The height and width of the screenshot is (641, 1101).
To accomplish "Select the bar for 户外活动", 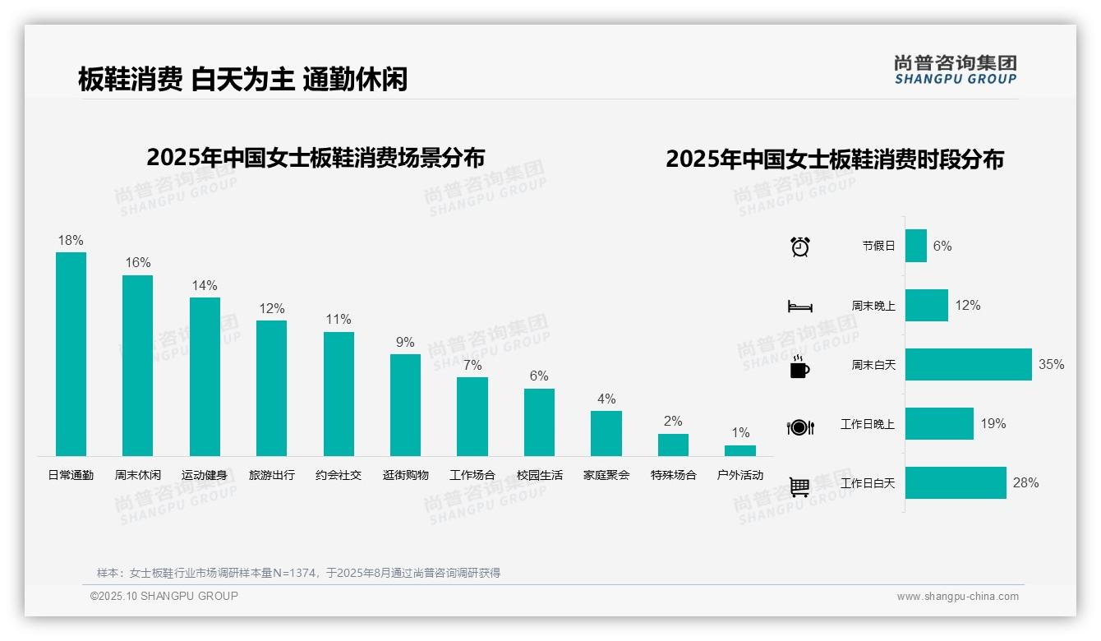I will coord(740,450).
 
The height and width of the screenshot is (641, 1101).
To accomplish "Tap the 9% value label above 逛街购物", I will coord(405,343).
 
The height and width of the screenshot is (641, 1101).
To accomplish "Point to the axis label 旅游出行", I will coord(271,475).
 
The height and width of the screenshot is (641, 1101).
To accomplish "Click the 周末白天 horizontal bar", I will coord(968,364).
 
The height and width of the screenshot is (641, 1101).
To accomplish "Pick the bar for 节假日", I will coord(915,246).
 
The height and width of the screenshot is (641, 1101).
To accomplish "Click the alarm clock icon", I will coord(800,247).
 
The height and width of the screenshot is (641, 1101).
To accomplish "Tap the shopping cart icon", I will coord(799,487).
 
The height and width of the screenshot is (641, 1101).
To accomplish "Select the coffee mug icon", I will coord(799,367).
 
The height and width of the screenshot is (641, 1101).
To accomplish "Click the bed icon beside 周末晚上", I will coord(799,307).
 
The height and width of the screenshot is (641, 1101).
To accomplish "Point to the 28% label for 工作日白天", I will coord(1025,483).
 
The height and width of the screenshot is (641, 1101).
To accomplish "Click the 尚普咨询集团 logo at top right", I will coord(955,69).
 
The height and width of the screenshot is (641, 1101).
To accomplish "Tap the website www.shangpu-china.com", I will coord(957,597).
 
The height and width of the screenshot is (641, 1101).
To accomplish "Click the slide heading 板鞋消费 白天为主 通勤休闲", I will coord(243,79).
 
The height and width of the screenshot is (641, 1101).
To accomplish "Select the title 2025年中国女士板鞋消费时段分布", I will coord(834,159).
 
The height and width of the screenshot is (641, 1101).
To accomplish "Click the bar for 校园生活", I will coord(539,422).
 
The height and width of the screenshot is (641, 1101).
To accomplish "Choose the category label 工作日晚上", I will coord(868,424).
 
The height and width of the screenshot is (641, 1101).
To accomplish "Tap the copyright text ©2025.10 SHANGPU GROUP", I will coord(164,596).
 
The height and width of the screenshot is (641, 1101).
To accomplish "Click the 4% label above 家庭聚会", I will coord(606,399).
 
